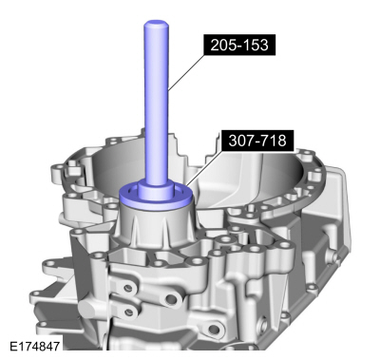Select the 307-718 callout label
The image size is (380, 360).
pyautogui.click(x=256, y=142)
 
